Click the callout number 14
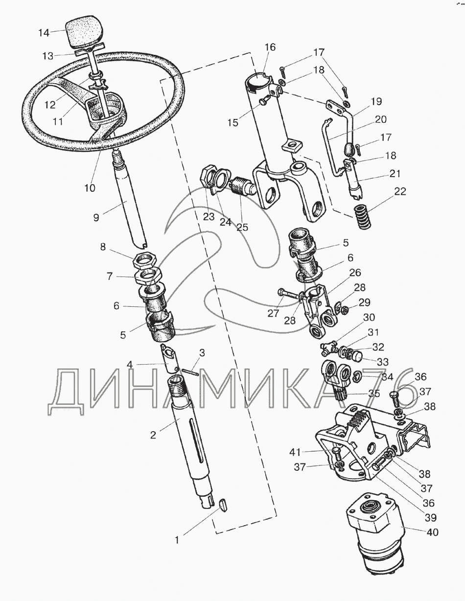(x=44, y=33)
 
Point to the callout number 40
(x=432, y=532)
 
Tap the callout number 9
(x=96, y=217)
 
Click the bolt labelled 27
(x=289, y=295)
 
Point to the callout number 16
(x=270, y=47)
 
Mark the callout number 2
(x=153, y=435)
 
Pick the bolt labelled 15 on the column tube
(x=263, y=100)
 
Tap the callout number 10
(x=90, y=187)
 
